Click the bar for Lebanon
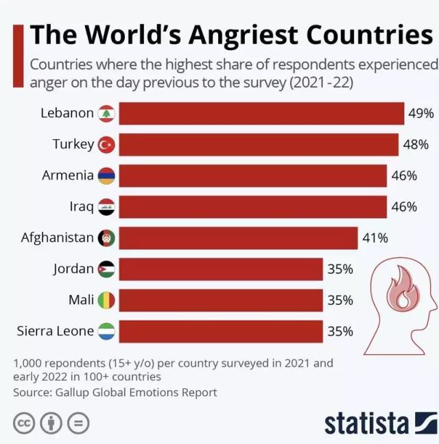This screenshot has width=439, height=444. [x=261, y=113]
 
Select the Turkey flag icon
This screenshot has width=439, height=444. [x=106, y=144]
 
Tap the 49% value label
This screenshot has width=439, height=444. [x=420, y=113]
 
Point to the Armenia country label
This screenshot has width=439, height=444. [x=68, y=175]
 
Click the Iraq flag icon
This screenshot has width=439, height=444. [x=106, y=207]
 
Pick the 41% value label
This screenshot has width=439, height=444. [x=375, y=238]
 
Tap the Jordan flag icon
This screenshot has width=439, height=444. [x=106, y=269]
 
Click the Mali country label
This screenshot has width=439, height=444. [x=81, y=300]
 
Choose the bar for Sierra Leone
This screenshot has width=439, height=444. [x=220, y=331]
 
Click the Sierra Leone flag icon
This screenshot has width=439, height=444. [x=106, y=331]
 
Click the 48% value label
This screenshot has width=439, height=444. [x=415, y=144]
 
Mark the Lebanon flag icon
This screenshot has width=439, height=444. [x=106, y=113]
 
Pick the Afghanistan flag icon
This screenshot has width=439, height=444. [x=106, y=238]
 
